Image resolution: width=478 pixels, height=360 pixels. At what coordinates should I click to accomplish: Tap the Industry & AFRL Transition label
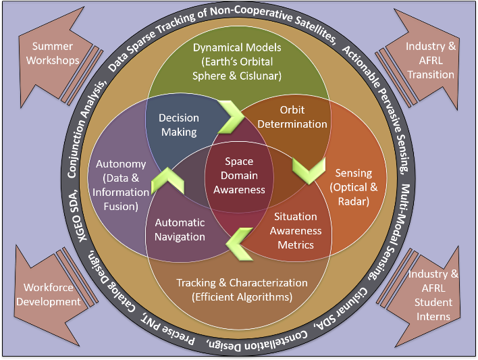point(431,59)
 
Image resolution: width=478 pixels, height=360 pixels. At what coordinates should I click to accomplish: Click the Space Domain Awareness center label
point(240,176)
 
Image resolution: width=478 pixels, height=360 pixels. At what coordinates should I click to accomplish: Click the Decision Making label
point(178,124)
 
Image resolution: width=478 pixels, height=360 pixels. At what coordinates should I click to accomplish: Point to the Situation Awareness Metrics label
point(295,230)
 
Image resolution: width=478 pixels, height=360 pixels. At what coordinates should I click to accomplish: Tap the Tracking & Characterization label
point(241,289)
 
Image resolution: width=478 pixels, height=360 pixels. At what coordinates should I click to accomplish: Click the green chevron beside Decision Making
point(231,116)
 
